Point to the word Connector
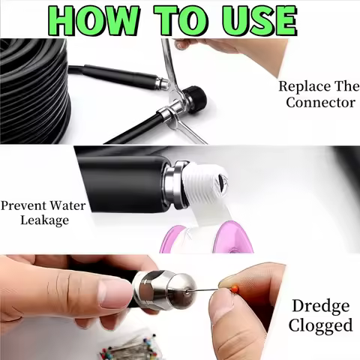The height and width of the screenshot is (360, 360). tap(320, 102)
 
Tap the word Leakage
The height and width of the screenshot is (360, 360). tap(45, 220)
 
